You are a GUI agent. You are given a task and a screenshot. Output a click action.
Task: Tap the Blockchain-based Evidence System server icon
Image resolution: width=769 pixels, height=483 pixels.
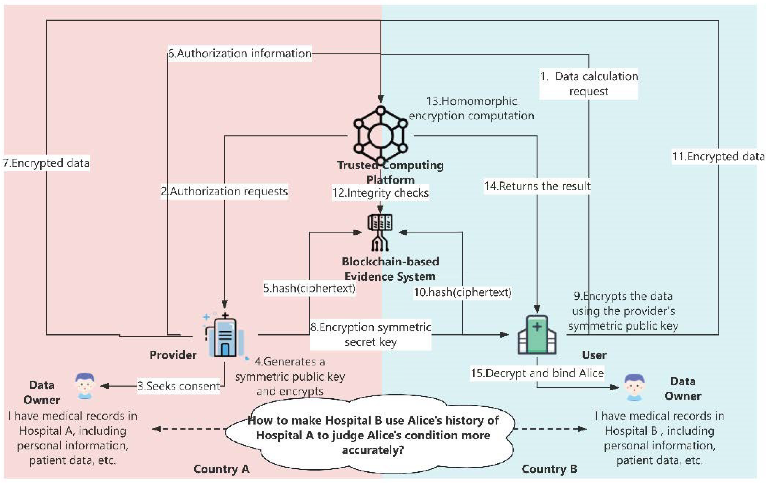pos(380,232)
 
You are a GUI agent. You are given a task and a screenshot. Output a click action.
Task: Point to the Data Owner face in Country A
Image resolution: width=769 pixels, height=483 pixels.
pos(85,386)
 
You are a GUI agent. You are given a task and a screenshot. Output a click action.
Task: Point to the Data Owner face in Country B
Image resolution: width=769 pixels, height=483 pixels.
pos(634,387)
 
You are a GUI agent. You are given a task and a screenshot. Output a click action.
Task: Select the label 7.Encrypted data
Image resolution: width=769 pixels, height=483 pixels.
pos(46,163)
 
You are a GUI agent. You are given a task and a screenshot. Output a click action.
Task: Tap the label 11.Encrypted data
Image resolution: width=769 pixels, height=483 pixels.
pos(718,157)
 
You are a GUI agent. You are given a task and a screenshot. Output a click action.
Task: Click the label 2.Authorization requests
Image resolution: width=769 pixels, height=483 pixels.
pos(224,191)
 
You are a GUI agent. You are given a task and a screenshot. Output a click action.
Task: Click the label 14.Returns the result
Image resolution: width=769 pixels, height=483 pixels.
pos(537,186)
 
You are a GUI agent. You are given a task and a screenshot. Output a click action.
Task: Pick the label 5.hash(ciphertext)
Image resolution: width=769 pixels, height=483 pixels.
pos(309,288)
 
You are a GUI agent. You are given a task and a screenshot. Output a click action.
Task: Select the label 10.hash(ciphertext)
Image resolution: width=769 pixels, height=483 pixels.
pos(463,292)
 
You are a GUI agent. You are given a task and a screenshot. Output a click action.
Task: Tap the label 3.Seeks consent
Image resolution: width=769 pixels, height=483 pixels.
pos(179,386)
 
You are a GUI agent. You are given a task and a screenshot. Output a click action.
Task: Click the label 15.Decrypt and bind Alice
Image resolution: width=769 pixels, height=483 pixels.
pos(537,373)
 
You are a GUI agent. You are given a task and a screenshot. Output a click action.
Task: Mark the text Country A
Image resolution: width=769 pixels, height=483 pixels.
pos(221,469)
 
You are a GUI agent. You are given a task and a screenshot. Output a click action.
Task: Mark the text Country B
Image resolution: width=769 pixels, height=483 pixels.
pos(549,469)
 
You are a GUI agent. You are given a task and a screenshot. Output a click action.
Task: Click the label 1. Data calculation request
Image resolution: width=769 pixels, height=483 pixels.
pos(589,84)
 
